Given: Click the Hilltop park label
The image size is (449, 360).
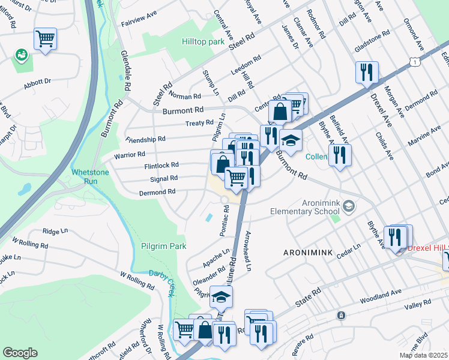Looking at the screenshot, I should click(x=203, y=42).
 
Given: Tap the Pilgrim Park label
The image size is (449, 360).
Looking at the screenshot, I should click(x=163, y=246).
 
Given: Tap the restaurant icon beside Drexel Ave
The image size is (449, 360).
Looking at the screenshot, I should click(x=365, y=73).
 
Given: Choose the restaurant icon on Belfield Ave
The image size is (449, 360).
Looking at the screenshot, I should click(x=340, y=156).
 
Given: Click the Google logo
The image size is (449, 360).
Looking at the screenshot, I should click(x=20, y=353).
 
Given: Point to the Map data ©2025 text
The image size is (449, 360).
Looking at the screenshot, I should click(x=423, y=355).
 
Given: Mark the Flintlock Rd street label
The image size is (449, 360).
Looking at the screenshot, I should click(x=161, y=165).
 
